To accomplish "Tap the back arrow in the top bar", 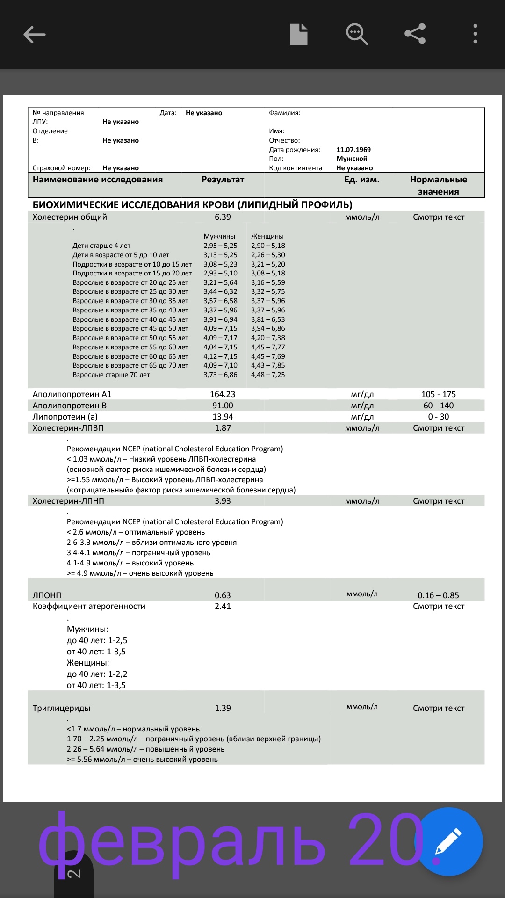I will tap(35, 35).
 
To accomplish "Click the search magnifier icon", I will tap(357, 34).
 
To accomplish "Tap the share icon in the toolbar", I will tap(415, 34).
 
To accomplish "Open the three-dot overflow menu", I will tap(475, 34).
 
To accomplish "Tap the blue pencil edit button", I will tap(448, 841).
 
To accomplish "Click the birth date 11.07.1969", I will tap(353, 150).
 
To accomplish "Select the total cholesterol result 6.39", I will tap(223, 217).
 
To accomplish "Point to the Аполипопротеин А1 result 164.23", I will tap(223, 394).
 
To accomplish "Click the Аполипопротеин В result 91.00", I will tap(223, 406).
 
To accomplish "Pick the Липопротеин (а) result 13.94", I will tap(223, 417).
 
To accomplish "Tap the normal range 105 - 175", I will tap(439, 394).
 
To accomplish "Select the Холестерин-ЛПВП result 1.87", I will tap(223, 428).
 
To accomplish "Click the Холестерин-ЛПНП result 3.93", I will tap(223, 501).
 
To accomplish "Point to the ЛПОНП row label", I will tap(47, 595).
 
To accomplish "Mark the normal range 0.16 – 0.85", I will tap(438, 595).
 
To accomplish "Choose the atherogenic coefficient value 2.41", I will tap(223, 606).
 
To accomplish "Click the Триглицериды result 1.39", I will tap(223, 708).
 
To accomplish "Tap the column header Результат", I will tap(223, 180).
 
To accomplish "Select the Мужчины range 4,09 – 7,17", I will tap(220, 338).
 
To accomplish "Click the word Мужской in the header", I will tap(352, 159).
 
